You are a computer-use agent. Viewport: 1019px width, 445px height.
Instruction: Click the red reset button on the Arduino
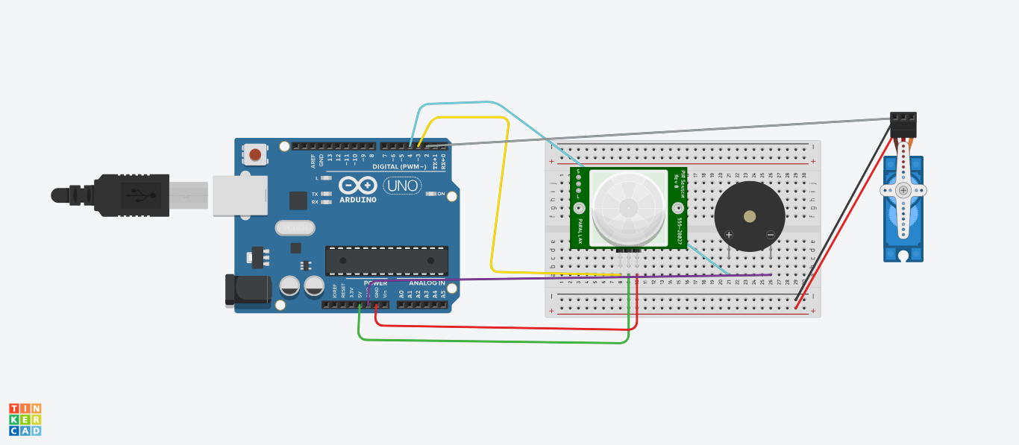(255, 154)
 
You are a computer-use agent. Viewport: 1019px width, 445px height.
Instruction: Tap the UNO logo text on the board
(401, 186)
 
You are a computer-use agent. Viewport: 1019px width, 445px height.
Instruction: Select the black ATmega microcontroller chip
(386, 261)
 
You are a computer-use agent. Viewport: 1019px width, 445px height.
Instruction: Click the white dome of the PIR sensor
(628, 207)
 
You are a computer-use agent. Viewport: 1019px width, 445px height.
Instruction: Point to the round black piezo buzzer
(749, 216)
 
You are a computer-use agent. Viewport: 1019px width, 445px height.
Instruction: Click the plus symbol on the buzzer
(729, 235)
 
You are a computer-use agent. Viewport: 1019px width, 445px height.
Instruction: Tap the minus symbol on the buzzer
(771, 235)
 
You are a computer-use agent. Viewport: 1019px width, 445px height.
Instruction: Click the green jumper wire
(492, 341)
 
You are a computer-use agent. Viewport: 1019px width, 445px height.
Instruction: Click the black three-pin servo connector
(903, 124)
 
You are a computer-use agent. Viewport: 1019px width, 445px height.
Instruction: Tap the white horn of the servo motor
(903, 191)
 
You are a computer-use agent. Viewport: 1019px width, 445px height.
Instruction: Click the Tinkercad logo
(25, 420)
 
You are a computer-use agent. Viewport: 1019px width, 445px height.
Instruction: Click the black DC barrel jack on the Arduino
(247, 290)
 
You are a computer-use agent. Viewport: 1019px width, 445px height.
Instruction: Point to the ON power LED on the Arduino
(431, 194)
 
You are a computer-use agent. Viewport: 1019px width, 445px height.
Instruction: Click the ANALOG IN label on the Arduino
(427, 283)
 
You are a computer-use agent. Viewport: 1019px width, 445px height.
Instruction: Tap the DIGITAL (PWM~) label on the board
(399, 166)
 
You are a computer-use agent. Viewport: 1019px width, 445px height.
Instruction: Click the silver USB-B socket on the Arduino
(240, 195)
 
